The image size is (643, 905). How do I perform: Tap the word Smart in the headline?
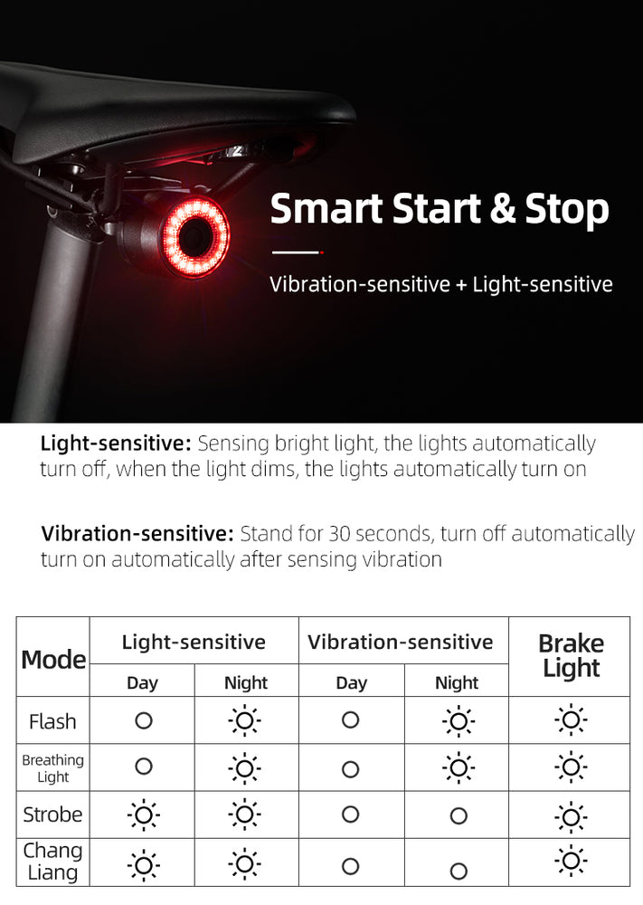click(326, 208)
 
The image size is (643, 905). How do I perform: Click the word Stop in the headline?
click(567, 210)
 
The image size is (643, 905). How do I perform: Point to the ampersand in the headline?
click(502, 209)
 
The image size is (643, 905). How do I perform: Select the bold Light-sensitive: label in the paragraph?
click(116, 443)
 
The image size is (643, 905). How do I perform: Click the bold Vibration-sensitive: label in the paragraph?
click(137, 533)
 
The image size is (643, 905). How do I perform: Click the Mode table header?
click(53, 659)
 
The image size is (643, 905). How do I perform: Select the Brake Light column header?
click(571, 655)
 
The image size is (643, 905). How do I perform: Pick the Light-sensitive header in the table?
click(194, 642)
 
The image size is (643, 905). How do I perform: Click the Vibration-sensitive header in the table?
click(401, 642)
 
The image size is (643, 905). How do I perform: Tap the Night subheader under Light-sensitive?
click(246, 682)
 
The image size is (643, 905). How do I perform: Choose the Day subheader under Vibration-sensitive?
click(351, 683)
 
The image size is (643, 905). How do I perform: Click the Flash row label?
click(52, 721)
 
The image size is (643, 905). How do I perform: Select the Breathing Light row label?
click(53, 768)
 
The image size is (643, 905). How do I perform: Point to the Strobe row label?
click(52, 814)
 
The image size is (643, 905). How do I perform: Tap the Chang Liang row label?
click(52, 862)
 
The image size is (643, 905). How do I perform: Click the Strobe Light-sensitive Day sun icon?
click(144, 815)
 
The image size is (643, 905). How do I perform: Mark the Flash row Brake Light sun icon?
click(571, 719)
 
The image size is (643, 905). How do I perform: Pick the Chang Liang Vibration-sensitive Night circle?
click(459, 871)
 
